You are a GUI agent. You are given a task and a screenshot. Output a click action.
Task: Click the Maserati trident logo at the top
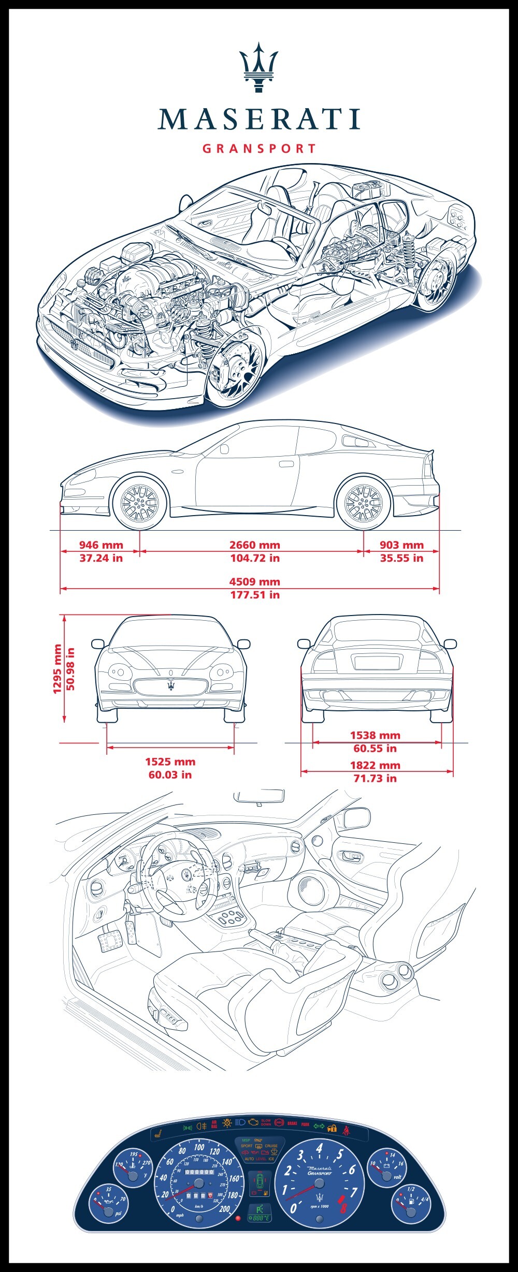click(x=258, y=67)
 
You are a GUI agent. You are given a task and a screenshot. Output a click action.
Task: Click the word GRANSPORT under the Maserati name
click(x=259, y=149)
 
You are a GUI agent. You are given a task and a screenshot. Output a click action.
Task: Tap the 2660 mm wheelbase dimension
click(x=255, y=545)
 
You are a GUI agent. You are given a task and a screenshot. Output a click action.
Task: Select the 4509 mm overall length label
click(x=255, y=582)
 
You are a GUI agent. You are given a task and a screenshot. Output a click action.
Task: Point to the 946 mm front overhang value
click(x=101, y=545)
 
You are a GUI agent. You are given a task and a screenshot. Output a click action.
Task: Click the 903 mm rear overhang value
click(x=401, y=545)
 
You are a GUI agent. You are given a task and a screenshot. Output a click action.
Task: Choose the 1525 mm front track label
click(x=170, y=762)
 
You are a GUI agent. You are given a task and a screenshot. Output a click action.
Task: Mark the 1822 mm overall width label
click(x=375, y=765)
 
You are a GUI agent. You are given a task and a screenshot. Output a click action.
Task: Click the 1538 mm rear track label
click(x=375, y=735)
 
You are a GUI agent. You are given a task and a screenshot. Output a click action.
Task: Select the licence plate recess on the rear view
click(x=377, y=662)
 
